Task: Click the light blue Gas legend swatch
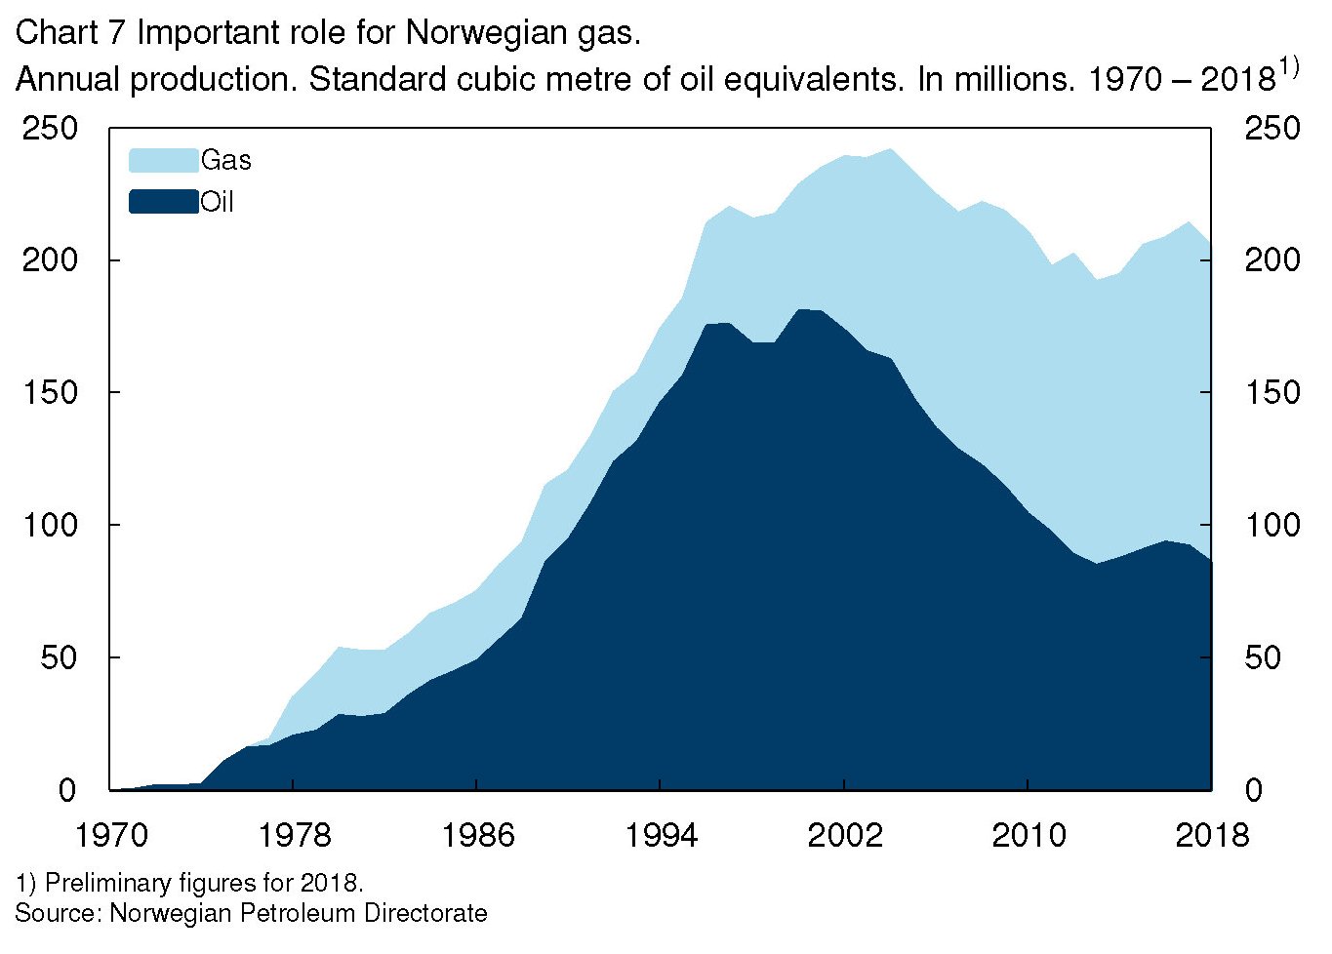click(x=163, y=160)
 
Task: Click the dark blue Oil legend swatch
click(x=163, y=202)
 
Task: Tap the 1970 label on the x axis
click(x=112, y=835)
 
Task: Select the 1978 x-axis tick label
click(x=295, y=835)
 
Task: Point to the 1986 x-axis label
click(x=477, y=835)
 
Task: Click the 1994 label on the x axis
click(x=661, y=835)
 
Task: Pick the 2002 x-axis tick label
click(x=844, y=835)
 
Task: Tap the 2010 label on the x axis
click(x=1029, y=835)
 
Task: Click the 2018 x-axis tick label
click(x=1212, y=835)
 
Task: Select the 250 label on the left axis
click(x=50, y=129)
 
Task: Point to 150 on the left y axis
click(x=50, y=393)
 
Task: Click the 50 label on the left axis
click(x=59, y=657)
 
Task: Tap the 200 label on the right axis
click(x=1272, y=260)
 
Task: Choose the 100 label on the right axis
click(x=1272, y=526)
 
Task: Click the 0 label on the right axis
click(x=1253, y=790)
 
